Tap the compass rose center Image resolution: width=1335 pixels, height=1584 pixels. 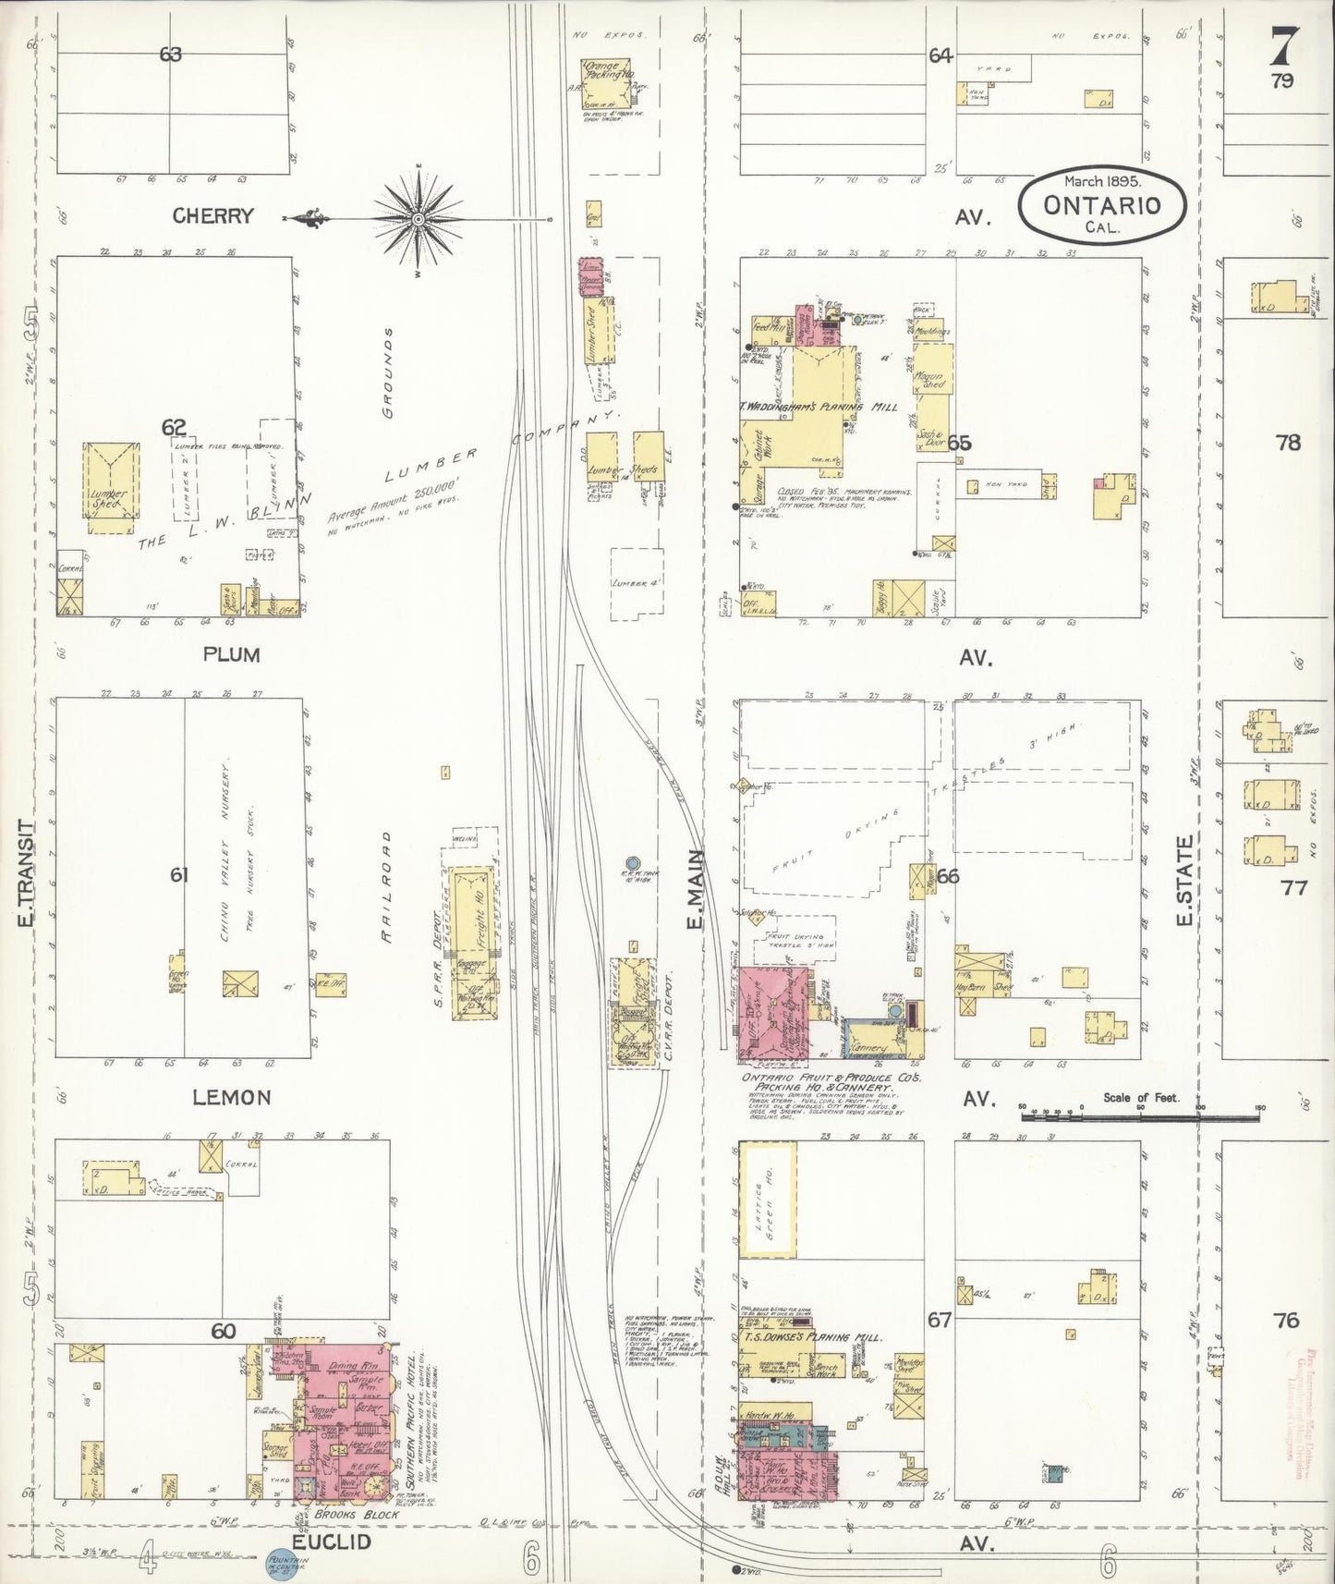click(x=418, y=219)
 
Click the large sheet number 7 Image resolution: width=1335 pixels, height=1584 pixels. click(x=1284, y=44)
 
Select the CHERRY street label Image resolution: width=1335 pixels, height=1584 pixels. click(x=212, y=216)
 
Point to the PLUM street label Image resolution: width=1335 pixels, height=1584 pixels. click(x=231, y=655)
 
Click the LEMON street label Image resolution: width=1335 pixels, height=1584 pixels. click(x=231, y=1098)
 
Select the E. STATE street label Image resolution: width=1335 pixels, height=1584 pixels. click(x=1185, y=880)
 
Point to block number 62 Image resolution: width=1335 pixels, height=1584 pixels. click(x=174, y=427)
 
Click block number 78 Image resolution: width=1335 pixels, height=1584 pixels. click(x=1288, y=443)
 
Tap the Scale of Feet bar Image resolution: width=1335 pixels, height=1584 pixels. click(x=1140, y=1116)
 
